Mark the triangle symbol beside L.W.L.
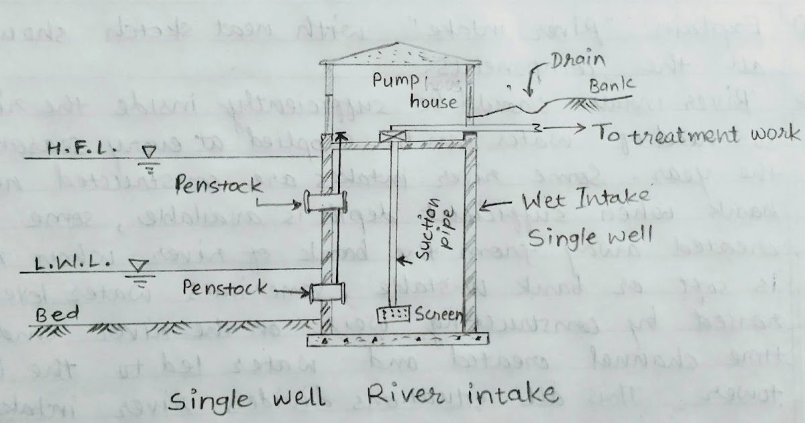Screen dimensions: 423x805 coord(140,267)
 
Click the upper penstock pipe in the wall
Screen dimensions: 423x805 coord(326,201)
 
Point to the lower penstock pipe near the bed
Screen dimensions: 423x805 coord(327,293)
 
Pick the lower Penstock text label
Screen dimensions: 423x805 coord(223,287)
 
